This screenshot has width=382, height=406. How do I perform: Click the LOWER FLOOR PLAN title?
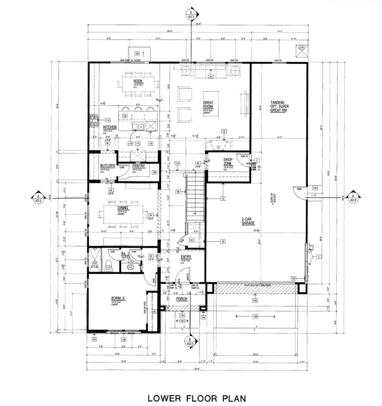(x=196, y=398)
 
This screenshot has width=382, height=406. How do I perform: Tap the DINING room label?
(x=123, y=208)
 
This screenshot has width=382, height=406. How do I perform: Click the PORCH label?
(x=182, y=299)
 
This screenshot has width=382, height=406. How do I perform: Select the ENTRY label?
(x=186, y=257)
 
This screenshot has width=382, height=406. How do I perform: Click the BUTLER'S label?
(x=107, y=166)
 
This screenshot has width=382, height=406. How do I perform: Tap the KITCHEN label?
(x=110, y=127)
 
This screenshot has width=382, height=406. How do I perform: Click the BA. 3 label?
(x=125, y=254)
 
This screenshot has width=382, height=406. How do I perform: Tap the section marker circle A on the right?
(x=353, y=198)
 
